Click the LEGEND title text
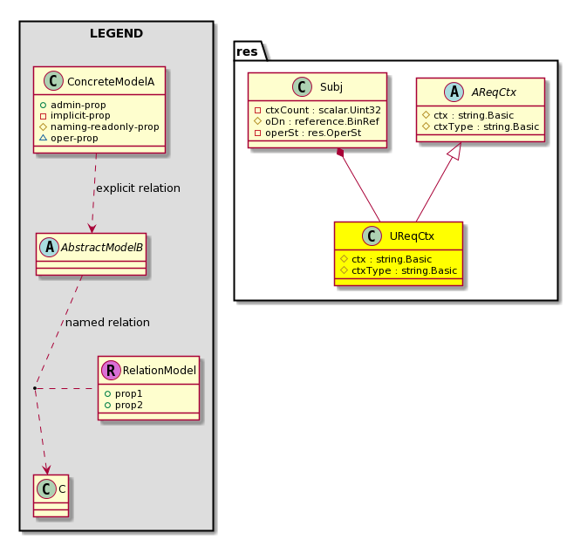point(116,33)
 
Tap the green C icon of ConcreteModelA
point(53,81)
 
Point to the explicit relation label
point(138,188)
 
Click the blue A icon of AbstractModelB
point(49,247)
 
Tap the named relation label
point(107,323)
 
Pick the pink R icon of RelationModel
point(111,371)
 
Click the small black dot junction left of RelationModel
point(34,388)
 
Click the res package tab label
point(247,51)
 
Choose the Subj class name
point(331,87)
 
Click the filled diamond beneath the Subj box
point(340,153)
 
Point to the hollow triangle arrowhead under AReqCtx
point(455,151)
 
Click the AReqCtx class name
point(494,92)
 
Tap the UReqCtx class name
point(412,236)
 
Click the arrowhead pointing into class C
point(47,469)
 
